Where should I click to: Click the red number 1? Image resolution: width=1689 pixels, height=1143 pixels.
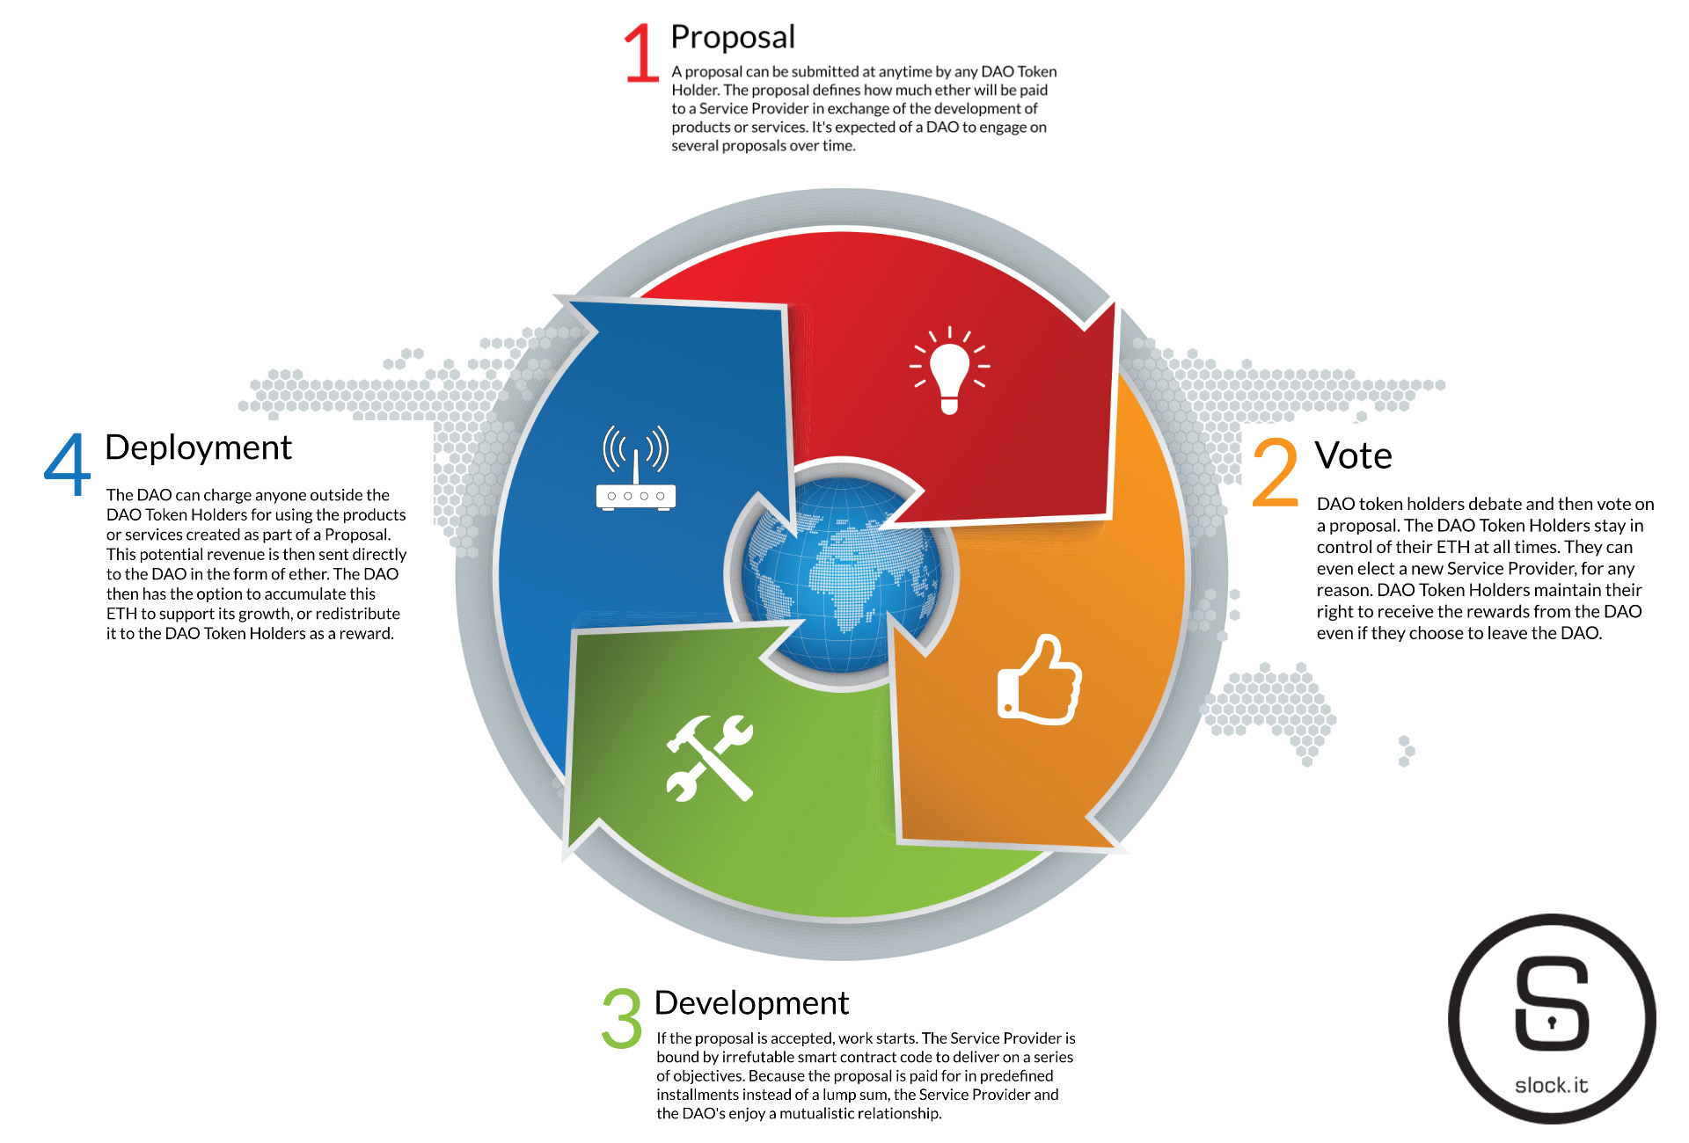pos(642,53)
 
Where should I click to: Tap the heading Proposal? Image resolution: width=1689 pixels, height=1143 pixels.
pos(733,38)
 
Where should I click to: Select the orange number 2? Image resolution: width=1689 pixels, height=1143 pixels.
pos(1276,473)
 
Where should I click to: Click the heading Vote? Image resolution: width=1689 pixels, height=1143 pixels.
pos(1353,455)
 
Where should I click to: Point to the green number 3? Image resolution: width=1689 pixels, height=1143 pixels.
pos(622,1018)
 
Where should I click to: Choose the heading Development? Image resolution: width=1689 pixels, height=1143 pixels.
pos(751,1003)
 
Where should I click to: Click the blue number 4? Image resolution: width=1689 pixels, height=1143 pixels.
pos(67,464)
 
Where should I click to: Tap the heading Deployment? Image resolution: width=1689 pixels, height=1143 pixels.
pos(198,448)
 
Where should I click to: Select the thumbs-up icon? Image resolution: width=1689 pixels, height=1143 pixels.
pos(1040,680)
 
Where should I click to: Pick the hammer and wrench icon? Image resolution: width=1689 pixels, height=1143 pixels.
pos(710,758)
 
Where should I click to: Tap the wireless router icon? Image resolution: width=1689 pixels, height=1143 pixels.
pos(636,468)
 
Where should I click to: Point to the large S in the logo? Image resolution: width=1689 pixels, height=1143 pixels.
pos(1552,1003)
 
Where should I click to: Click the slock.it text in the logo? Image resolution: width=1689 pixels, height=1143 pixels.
pos(1552,1085)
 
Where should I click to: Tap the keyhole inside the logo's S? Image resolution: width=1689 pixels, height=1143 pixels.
pos(1552,1023)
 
